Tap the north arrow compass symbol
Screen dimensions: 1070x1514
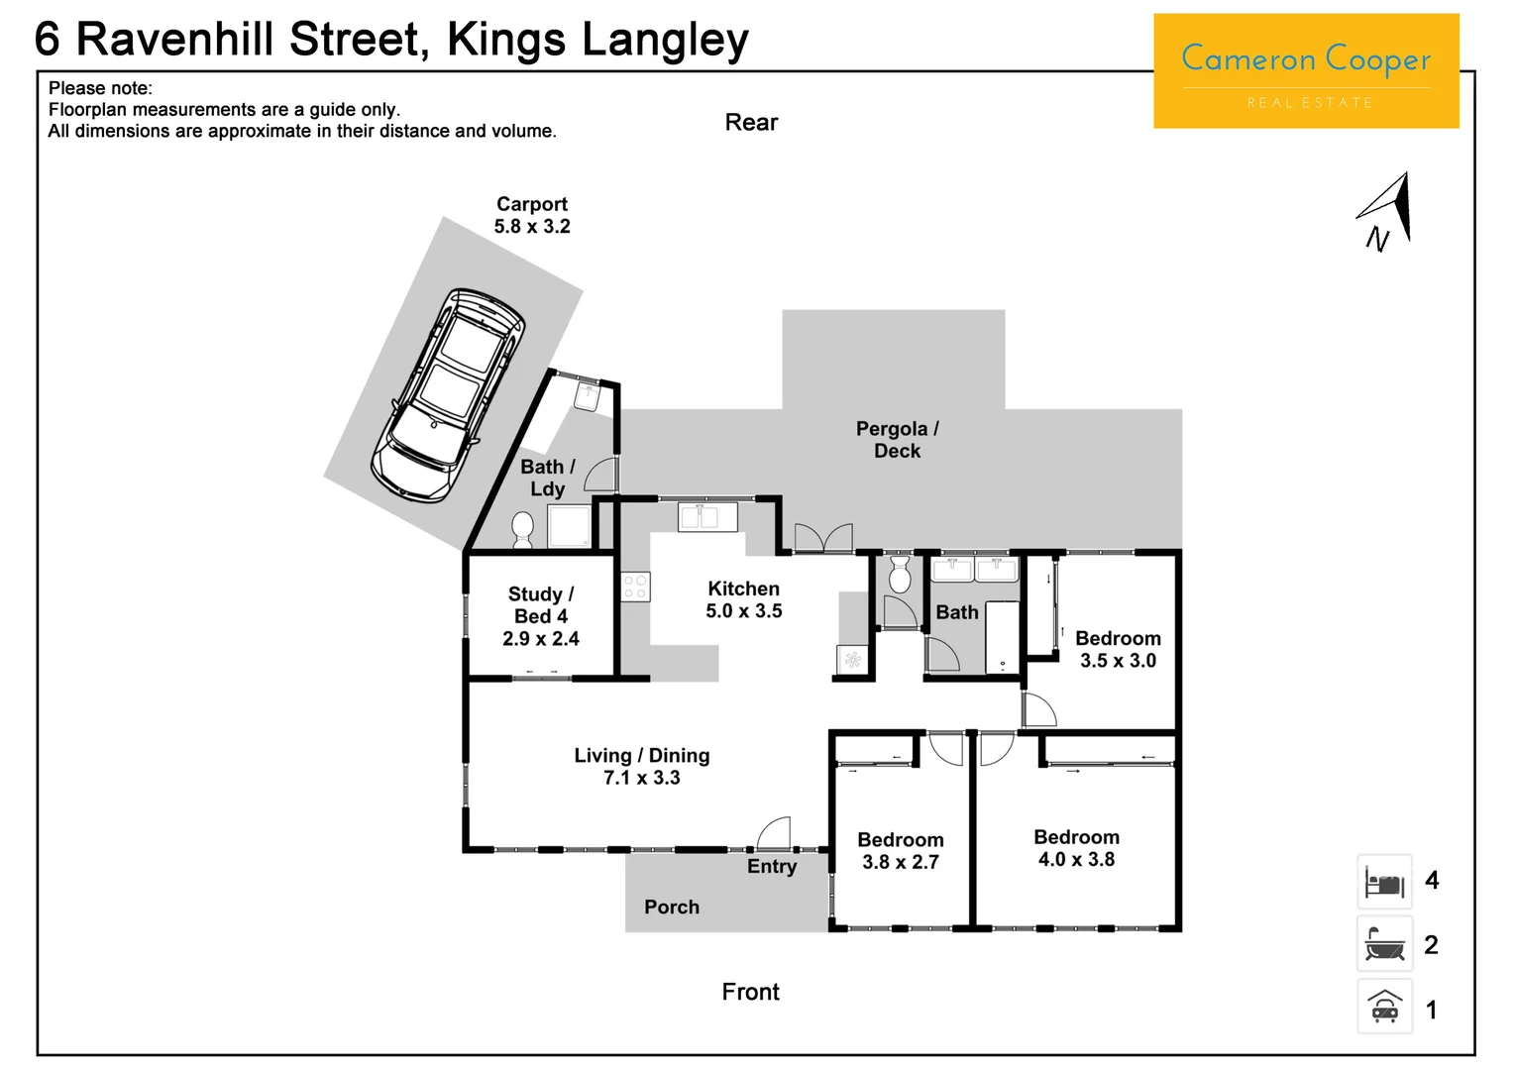tap(1386, 210)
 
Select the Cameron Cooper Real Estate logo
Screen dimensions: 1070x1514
tap(1306, 71)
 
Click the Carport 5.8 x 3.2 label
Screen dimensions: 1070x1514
tap(532, 215)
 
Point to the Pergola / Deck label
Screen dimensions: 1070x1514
tap(897, 440)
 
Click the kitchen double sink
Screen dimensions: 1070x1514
tap(707, 517)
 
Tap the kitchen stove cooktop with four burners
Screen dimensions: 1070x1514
tap(635, 587)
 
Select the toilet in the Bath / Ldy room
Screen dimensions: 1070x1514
tap(522, 530)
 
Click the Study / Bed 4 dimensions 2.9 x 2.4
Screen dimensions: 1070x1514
tap(540, 639)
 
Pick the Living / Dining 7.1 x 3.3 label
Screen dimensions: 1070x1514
tap(642, 767)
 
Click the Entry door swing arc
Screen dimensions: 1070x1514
tap(775, 833)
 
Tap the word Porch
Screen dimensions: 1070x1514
tap(672, 908)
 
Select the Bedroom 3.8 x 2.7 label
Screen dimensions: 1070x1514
tap(900, 851)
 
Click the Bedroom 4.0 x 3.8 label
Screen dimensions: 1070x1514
tap(1076, 849)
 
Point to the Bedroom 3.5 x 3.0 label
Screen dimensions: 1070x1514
tap(1118, 650)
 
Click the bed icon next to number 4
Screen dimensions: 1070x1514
tap(1384, 882)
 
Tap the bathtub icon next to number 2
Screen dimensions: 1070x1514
tap(1384, 945)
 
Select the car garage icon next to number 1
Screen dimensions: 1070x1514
tap(1384, 1008)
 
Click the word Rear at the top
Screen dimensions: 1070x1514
tap(751, 123)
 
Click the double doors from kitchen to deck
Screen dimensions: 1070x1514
tap(823, 538)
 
